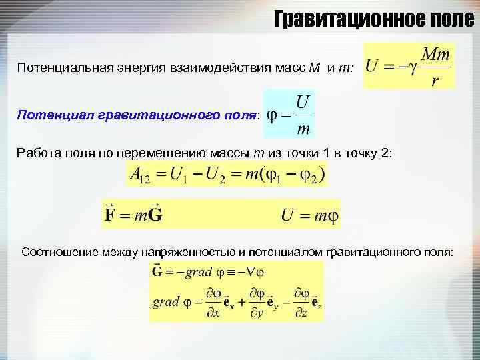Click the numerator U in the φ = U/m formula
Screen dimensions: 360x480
tap(302, 102)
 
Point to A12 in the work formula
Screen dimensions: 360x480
tap(139, 176)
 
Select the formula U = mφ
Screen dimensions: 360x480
tap(309, 215)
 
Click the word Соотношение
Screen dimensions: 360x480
tap(61, 252)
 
